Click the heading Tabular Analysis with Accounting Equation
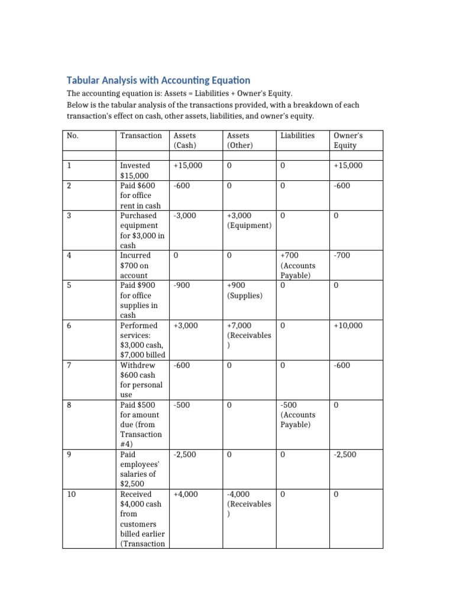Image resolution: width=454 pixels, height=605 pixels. [x=158, y=80]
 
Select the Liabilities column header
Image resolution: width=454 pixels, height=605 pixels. [x=297, y=135]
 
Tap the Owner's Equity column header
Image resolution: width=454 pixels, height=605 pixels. [x=348, y=140]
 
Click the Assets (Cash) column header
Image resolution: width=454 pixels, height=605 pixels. [x=185, y=140]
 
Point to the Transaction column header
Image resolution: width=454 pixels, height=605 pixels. [x=141, y=135]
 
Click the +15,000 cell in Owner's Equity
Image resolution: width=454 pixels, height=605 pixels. [x=348, y=165]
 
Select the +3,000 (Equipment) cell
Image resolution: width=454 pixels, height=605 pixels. [x=249, y=220]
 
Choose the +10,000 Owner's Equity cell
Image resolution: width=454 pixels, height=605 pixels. [x=348, y=326]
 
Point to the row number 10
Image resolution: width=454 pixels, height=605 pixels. [x=72, y=494]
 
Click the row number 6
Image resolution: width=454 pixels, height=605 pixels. [x=70, y=326]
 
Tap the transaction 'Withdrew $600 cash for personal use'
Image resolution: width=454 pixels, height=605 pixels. [x=141, y=380]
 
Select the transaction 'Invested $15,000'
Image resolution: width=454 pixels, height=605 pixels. [x=135, y=171]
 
